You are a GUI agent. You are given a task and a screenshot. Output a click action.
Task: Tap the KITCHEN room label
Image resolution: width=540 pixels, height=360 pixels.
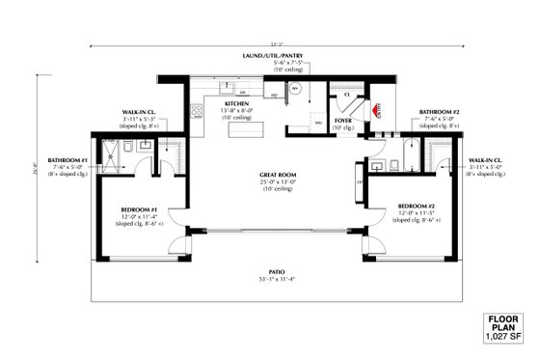(x=237, y=102)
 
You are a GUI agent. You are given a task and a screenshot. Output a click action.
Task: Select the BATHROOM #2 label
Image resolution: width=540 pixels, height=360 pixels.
(x=438, y=112)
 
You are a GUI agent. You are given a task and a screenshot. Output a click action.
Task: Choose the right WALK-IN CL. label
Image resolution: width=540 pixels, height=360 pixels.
(x=487, y=158)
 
